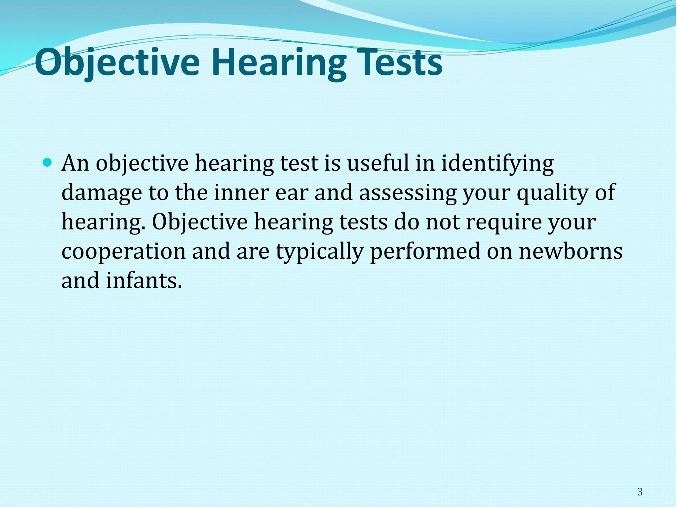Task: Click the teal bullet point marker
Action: pyautogui.click(x=48, y=162)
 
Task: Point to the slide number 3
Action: pyautogui.click(x=640, y=492)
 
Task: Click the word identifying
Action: pyautogui.click(x=498, y=164)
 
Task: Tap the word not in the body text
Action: pyautogui.click(x=442, y=222)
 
